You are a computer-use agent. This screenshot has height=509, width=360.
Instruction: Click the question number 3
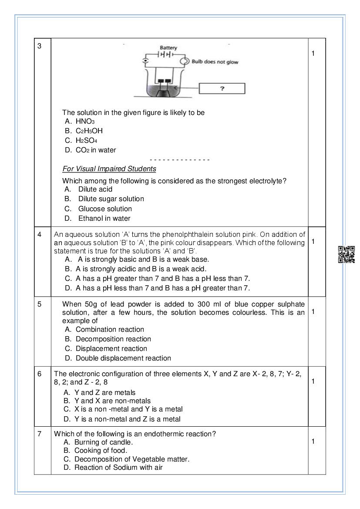[x=39, y=46]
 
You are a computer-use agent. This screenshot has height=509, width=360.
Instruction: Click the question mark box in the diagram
[x=222, y=88]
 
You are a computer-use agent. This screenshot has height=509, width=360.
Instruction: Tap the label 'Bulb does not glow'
[x=215, y=62]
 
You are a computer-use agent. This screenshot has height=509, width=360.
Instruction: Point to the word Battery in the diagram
[x=168, y=47]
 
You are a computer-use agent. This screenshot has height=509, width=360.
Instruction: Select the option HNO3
[x=85, y=121]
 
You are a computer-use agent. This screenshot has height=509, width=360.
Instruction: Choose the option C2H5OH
[x=89, y=131]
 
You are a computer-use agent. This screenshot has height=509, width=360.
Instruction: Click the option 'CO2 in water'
[x=96, y=150]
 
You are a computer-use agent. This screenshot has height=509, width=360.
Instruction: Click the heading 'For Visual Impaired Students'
[x=109, y=169]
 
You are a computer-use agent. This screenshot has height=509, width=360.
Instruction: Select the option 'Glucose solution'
[x=105, y=209]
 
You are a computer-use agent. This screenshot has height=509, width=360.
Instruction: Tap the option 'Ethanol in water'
[x=104, y=218]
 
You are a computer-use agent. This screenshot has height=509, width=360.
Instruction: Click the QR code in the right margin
[x=347, y=255]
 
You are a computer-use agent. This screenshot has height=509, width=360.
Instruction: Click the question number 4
[x=39, y=234]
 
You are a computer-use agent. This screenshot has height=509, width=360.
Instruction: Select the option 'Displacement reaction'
[x=111, y=348]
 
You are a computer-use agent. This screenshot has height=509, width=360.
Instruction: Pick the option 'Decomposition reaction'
[x=113, y=339]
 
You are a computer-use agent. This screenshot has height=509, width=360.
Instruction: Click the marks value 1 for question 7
[x=313, y=442]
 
